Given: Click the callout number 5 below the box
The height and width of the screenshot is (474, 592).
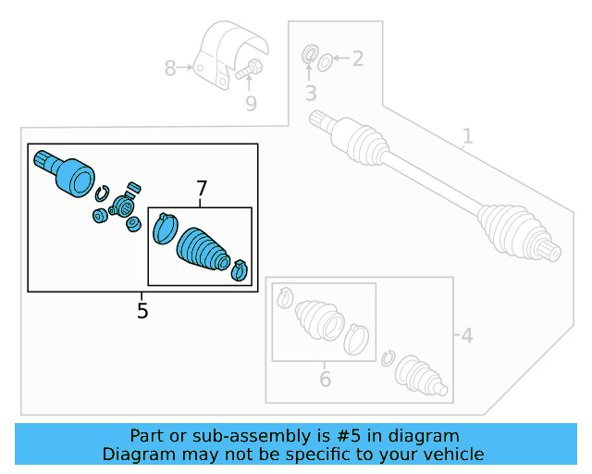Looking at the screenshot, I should pos(142,311).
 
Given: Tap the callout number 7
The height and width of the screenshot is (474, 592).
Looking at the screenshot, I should pos(201,190).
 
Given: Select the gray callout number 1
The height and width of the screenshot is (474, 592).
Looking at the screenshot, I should pos(467,137).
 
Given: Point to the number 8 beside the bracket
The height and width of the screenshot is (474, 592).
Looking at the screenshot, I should pos(170,68).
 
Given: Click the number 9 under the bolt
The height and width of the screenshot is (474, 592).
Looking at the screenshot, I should pos(251,103).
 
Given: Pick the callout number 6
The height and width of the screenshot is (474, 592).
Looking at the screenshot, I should pos(325,379).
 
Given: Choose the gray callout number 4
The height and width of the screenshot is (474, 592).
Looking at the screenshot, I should pos(466,334).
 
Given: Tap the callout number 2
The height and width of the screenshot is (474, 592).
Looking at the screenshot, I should pos(357,59).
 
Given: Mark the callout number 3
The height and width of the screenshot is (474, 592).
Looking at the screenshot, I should pos(311,94).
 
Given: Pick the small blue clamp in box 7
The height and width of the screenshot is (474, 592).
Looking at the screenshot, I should pos(239,268).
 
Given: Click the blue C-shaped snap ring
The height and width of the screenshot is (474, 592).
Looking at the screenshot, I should pos(104,193).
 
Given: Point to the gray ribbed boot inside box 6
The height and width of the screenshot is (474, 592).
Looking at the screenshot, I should pos(316,319).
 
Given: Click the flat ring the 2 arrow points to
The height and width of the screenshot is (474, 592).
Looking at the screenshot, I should pos(325,62).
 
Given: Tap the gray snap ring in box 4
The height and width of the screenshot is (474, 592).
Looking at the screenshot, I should pos(388,358).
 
